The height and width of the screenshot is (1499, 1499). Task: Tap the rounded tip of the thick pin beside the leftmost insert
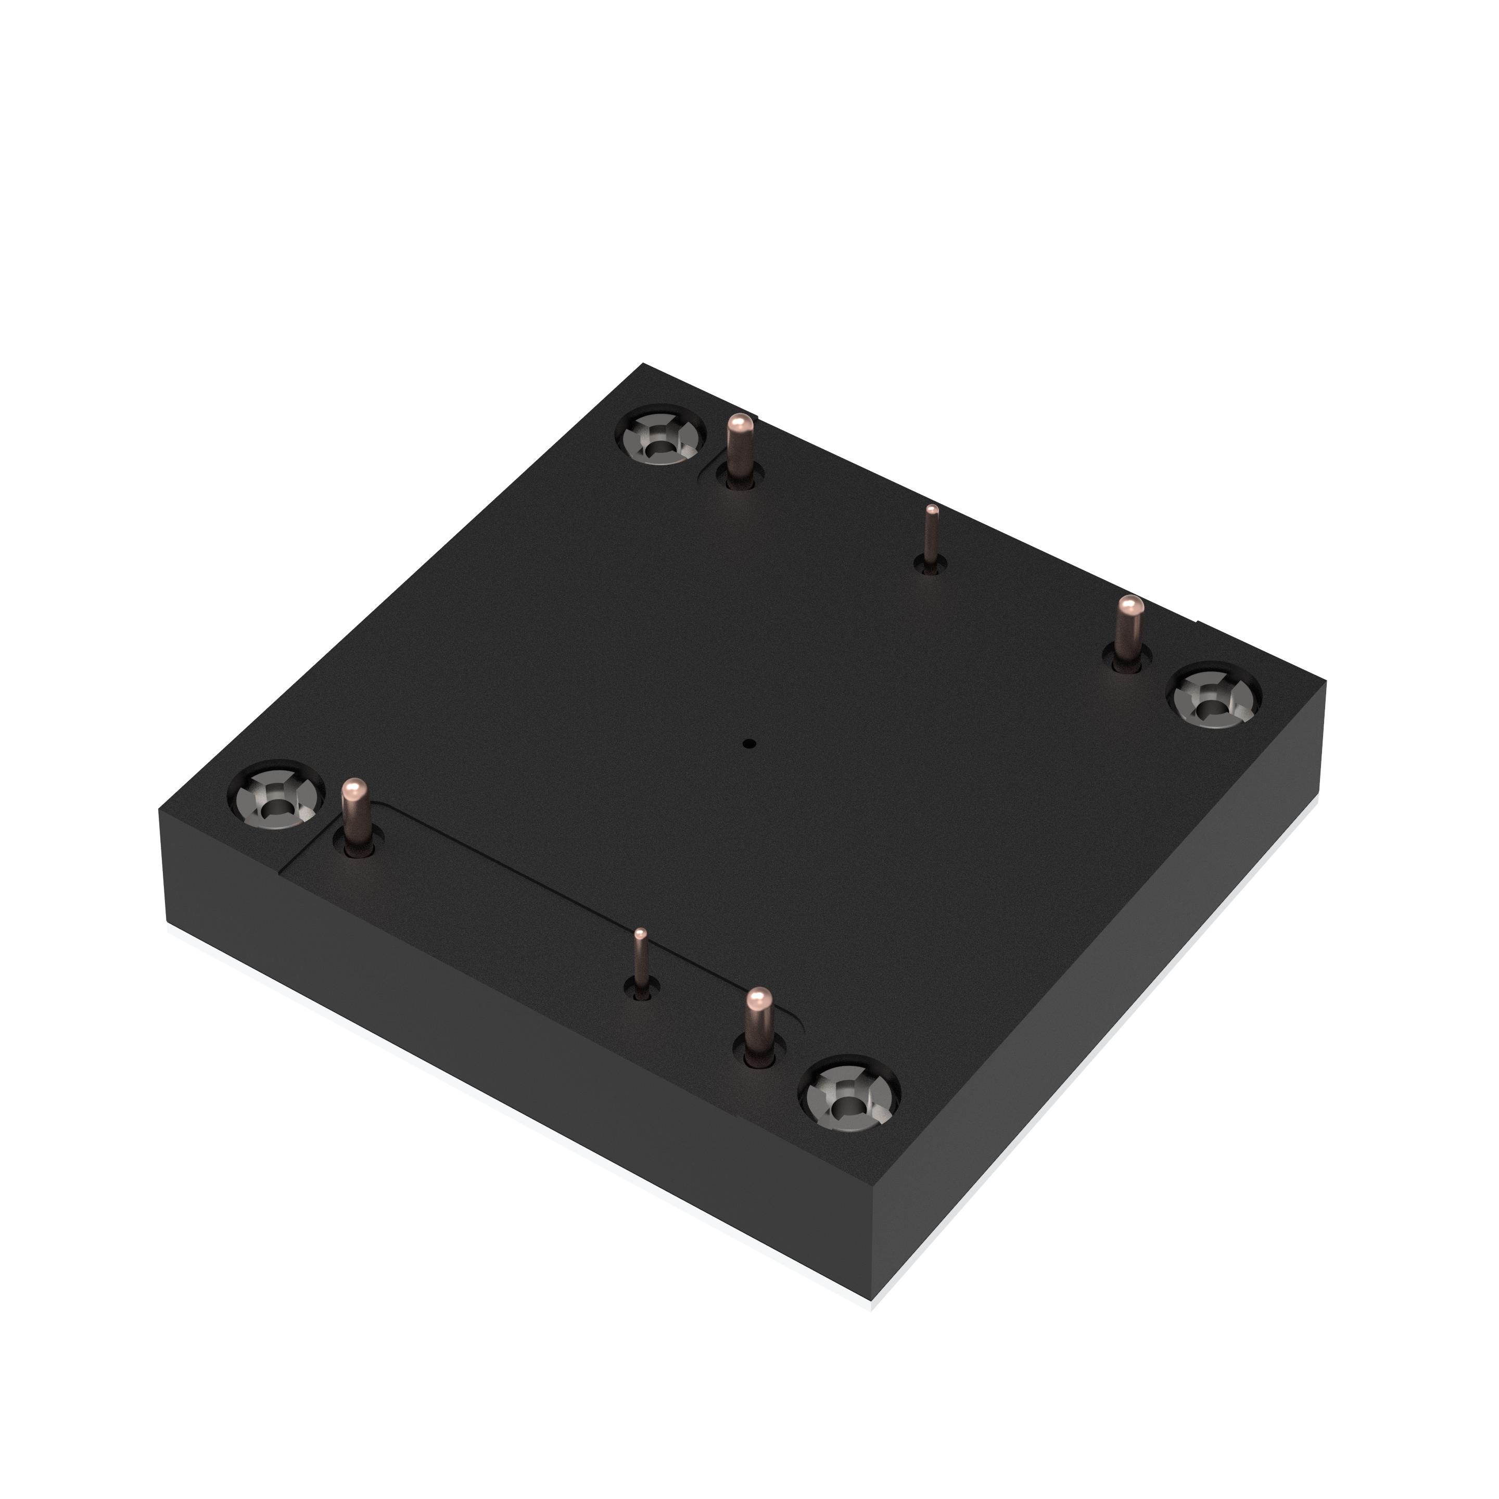[354, 789]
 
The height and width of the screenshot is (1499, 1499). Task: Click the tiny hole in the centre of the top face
[749, 743]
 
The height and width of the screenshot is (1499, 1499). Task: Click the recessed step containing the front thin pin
[543, 916]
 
